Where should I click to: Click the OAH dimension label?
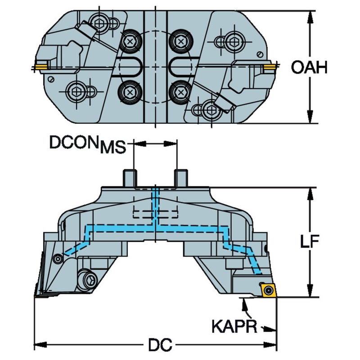pyautogui.click(x=309, y=67)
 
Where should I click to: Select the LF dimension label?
pyautogui.click(x=310, y=241)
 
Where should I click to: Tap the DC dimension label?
pyautogui.click(x=160, y=345)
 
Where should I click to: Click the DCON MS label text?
pyautogui.click(x=88, y=144)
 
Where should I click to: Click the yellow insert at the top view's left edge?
pyautogui.click(x=41, y=67)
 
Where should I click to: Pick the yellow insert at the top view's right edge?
pyautogui.click(x=270, y=67)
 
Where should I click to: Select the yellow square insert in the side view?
pyautogui.click(x=268, y=291)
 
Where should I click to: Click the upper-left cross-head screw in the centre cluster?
pyautogui.click(x=130, y=41)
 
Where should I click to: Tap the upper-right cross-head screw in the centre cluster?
pyautogui.click(x=181, y=41)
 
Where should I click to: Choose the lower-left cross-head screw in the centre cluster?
pyautogui.click(x=130, y=92)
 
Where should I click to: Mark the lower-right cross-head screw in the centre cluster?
pyautogui.click(x=181, y=92)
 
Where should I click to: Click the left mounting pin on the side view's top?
pyautogui.click(x=130, y=178)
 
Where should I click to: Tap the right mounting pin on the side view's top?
pyautogui.click(x=181, y=178)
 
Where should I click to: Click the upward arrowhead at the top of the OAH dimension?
pyautogui.click(x=310, y=17)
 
